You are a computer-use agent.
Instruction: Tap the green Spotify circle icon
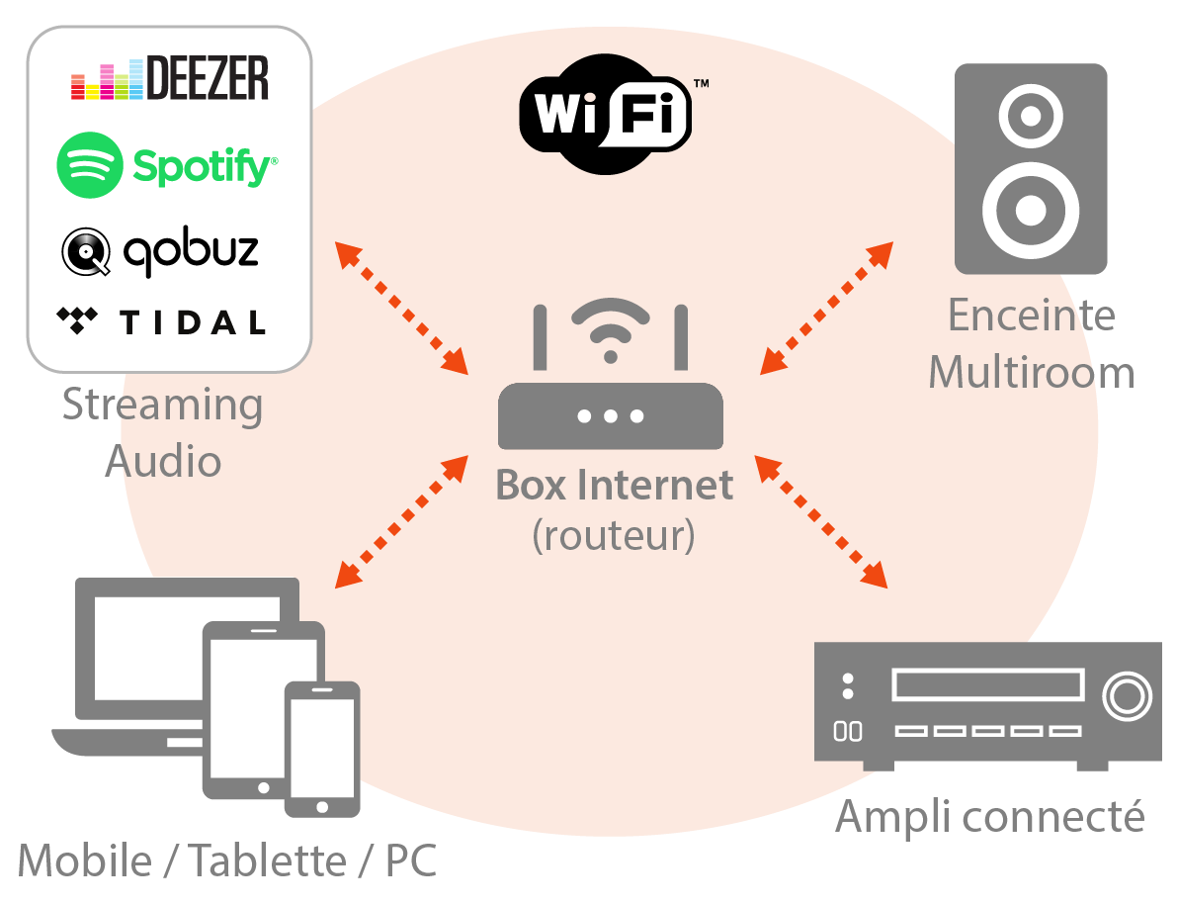90,165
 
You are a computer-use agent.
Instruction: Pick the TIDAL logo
162,321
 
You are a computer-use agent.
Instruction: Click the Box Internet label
614,486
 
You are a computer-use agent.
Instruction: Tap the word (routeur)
614,535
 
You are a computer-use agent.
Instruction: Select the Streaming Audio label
163,432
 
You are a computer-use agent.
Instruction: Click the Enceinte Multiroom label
1031,343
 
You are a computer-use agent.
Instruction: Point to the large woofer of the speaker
1030,210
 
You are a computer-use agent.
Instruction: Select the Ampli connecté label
989,817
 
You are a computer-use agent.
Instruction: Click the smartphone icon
321,749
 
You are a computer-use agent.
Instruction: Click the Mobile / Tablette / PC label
227,860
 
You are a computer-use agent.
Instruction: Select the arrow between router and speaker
826,308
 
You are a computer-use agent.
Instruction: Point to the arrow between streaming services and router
401,308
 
